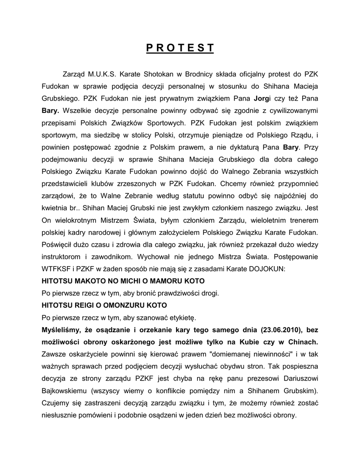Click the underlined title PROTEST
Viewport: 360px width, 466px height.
tap(180, 48)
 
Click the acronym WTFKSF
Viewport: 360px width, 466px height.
tap(58, 269)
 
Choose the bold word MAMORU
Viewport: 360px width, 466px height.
tap(167, 281)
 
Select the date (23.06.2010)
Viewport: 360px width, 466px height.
tap(283, 329)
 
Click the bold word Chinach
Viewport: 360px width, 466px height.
tap(302, 342)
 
